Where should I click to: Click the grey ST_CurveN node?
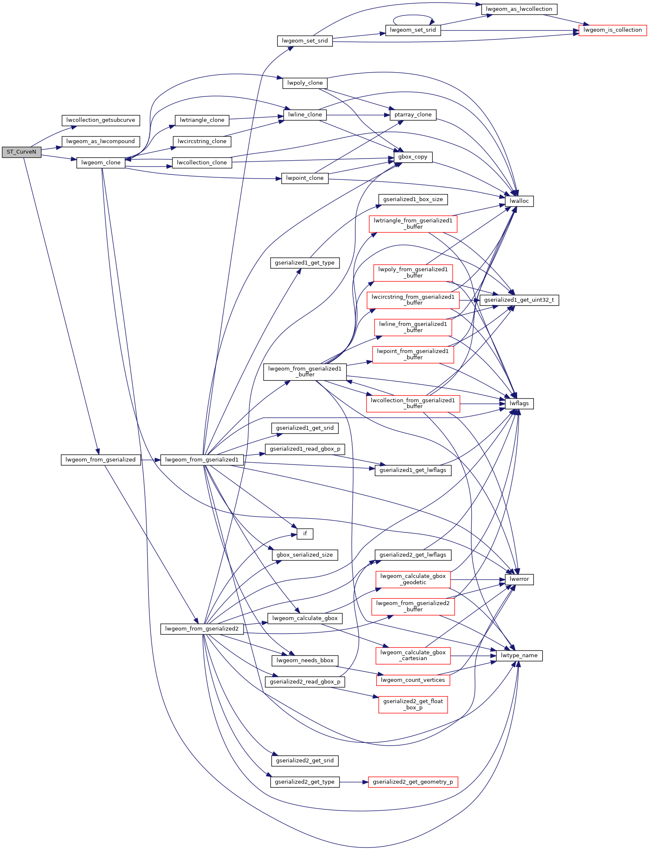click(21, 152)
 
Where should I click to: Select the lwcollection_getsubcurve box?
click(101, 120)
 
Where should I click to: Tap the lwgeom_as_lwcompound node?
click(101, 141)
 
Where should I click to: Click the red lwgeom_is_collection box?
click(612, 30)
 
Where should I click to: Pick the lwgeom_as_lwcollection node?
click(519, 9)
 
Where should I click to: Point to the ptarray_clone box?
click(413, 115)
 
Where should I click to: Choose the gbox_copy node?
click(413, 157)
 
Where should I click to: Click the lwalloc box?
click(519, 201)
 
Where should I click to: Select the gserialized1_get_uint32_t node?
click(519, 300)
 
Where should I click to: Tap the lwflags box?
click(519, 404)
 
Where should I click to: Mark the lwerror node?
click(519, 579)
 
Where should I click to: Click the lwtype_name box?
click(519, 656)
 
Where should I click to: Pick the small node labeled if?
click(305, 534)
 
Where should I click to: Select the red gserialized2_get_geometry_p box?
click(413, 782)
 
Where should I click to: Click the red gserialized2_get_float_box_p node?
click(413, 704)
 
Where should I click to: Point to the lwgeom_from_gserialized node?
click(101, 460)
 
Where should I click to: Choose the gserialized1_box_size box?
click(413, 199)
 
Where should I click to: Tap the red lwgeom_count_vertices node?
click(413, 680)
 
